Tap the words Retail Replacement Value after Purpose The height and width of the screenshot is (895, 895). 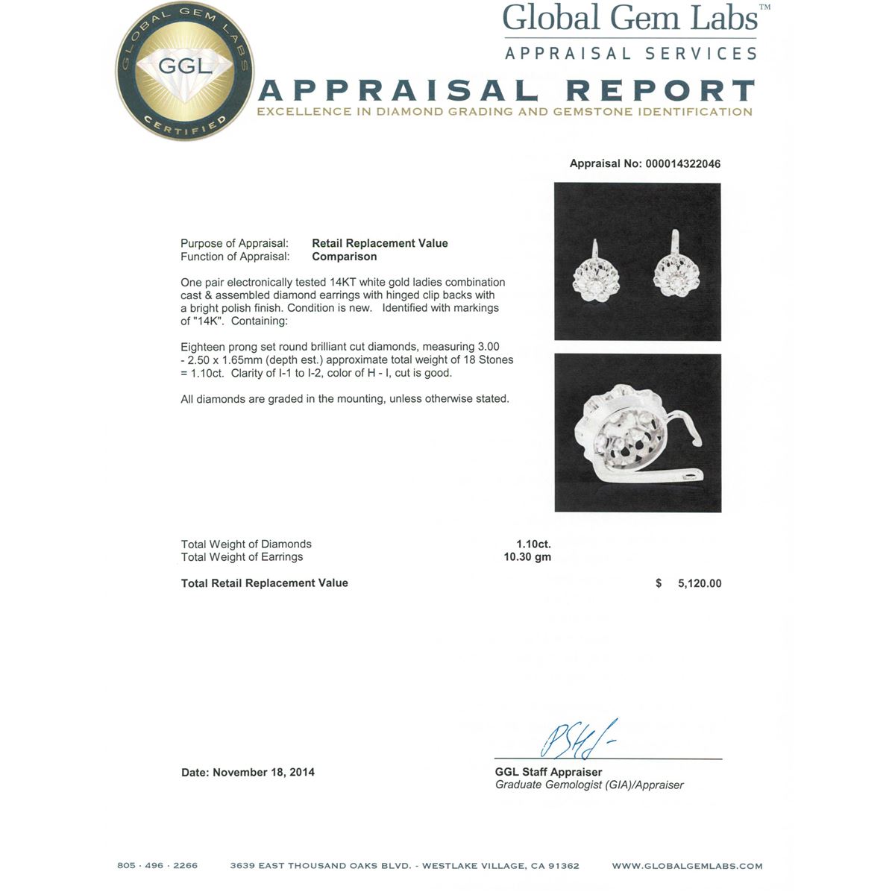[380, 243]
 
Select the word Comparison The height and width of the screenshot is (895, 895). [344, 257]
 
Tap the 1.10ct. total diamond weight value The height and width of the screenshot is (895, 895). [533, 544]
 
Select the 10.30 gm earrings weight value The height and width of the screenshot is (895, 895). [527, 557]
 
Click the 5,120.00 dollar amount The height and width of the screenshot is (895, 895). [699, 584]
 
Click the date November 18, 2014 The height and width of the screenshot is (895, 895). [263, 773]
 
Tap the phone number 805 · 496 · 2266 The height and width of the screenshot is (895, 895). [157, 866]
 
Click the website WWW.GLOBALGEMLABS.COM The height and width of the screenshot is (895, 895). [687, 866]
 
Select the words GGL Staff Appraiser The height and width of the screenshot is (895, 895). [548, 773]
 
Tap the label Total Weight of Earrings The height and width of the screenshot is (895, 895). [242, 557]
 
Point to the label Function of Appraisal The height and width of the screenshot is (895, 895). [235, 257]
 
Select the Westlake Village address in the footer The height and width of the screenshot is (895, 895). [404, 866]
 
